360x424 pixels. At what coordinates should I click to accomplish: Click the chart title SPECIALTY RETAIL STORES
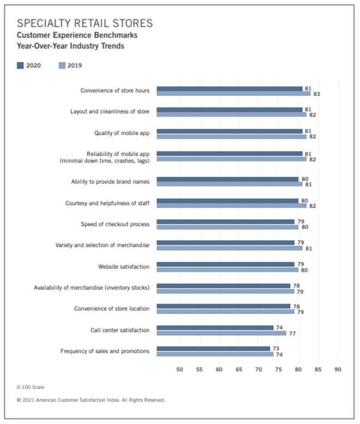(x=85, y=23)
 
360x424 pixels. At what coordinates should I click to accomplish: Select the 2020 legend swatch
(x=21, y=65)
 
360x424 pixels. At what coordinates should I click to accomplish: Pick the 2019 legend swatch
(x=62, y=65)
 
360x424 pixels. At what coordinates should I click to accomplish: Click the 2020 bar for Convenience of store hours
(x=229, y=88)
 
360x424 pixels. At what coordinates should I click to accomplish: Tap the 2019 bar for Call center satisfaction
(x=221, y=333)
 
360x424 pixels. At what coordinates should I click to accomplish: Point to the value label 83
(x=316, y=94)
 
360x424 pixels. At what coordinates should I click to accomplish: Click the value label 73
(x=277, y=348)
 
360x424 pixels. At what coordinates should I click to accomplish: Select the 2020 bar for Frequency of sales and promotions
(x=213, y=348)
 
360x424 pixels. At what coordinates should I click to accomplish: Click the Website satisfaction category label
(x=124, y=266)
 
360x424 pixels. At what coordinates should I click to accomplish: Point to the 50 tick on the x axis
(x=179, y=369)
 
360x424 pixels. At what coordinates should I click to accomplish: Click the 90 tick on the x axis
(x=338, y=369)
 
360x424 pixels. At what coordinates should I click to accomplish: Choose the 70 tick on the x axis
(x=259, y=369)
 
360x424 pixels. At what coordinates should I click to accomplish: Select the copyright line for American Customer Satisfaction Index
(x=91, y=400)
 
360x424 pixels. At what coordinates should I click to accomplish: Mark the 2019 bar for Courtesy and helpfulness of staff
(x=231, y=206)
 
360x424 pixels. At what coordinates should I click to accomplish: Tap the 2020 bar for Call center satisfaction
(x=215, y=327)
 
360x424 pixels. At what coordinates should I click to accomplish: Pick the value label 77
(x=292, y=333)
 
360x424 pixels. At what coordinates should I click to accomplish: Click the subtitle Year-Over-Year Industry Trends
(x=70, y=46)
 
